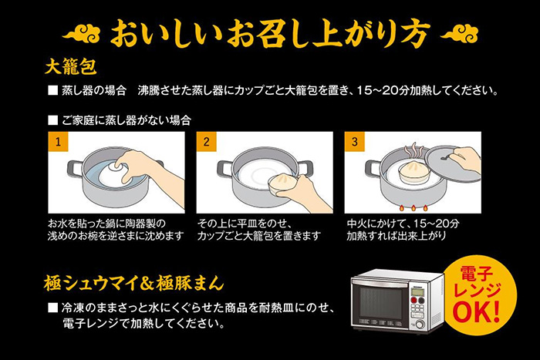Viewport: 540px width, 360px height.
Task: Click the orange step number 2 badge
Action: (x=206, y=142)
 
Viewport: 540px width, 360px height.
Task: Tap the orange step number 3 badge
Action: (x=354, y=142)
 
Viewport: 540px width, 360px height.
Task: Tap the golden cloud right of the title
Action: (x=459, y=35)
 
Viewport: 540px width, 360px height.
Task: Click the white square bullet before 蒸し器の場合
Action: (x=52, y=91)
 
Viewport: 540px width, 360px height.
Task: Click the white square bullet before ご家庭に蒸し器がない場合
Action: (x=52, y=120)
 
